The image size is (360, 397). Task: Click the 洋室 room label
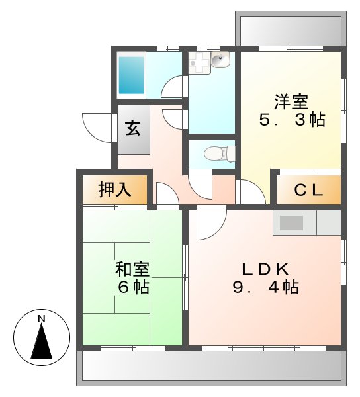coord(291,103)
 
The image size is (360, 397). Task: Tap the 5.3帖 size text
coord(291,121)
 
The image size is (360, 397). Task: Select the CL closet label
coord(308,191)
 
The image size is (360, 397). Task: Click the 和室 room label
coord(132,270)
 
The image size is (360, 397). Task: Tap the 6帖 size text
coord(132,288)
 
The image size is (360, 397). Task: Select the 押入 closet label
coord(114,191)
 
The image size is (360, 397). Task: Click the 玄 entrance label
coord(132,128)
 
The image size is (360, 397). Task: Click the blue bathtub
coord(132,75)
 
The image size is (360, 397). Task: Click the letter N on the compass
coord(41,319)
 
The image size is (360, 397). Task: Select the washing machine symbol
coord(199,63)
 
